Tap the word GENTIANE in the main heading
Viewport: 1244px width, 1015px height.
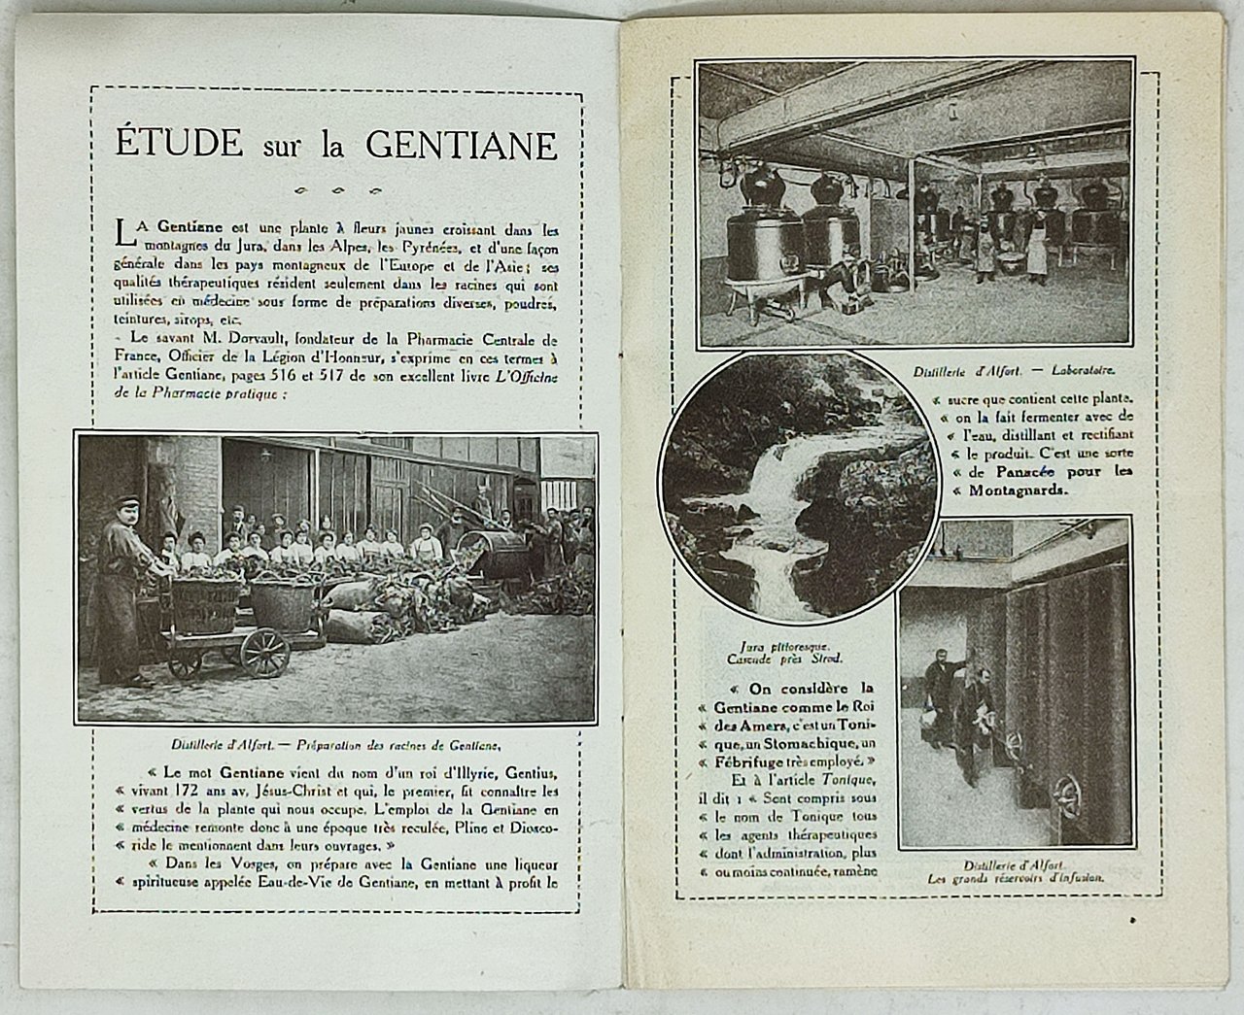click(462, 144)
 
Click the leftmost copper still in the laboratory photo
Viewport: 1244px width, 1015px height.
click(764, 238)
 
